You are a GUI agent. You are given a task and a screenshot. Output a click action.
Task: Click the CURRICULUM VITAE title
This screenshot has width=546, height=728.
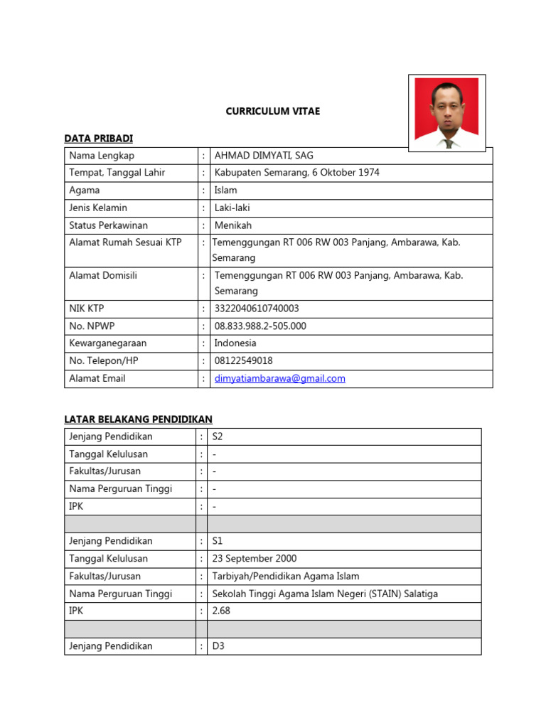(x=272, y=111)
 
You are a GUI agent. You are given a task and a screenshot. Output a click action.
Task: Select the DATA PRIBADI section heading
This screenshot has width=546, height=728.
(x=98, y=138)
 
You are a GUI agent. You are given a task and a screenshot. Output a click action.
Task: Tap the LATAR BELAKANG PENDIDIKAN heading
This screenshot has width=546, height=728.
(x=138, y=419)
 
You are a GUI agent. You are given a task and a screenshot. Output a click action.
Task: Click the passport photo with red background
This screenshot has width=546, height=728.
(x=446, y=112)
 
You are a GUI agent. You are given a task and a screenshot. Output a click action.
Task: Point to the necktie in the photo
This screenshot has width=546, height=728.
(x=448, y=143)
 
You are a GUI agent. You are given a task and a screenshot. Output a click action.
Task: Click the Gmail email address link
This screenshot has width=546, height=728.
(x=279, y=378)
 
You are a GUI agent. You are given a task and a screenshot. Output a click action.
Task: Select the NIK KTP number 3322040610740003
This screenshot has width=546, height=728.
(x=256, y=309)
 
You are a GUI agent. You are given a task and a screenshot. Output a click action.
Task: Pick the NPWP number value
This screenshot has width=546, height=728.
(x=260, y=326)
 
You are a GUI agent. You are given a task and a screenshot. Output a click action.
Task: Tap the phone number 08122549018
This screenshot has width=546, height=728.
(x=243, y=360)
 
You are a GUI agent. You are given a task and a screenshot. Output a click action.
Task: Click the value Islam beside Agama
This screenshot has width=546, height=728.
(x=225, y=190)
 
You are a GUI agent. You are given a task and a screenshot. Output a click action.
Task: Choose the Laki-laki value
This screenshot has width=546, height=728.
(x=232, y=208)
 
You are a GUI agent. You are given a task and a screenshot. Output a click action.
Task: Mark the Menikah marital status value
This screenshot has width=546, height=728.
(x=232, y=225)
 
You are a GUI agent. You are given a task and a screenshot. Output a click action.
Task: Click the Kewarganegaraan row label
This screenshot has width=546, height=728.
(x=107, y=343)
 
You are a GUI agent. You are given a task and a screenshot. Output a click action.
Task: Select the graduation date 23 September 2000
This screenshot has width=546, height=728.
(x=255, y=558)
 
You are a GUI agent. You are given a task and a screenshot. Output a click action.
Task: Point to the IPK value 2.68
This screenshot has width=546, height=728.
(x=221, y=611)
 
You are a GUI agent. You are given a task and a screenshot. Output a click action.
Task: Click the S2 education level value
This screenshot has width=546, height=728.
(x=218, y=437)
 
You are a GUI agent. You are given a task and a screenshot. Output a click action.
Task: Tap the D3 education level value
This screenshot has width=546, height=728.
(x=218, y=646)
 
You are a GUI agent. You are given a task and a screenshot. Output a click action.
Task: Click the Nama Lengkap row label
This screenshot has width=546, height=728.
(x=102, y=155)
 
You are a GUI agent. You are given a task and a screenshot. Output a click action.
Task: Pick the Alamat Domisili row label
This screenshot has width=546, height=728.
(x=103, y=275)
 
